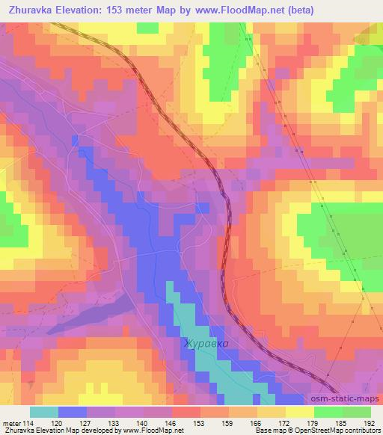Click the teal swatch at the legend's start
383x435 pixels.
click(44, 412)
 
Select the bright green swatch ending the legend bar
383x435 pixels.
click(356, 412)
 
